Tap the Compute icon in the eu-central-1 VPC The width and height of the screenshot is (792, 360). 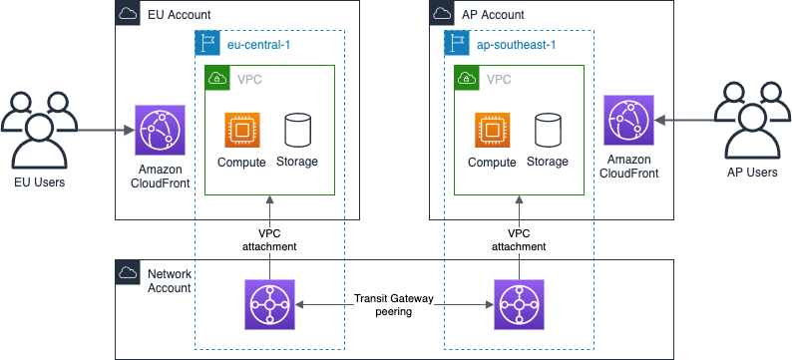point(240,131)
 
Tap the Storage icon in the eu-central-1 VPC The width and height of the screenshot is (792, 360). point(297,131)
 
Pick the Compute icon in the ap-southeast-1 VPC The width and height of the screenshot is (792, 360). point(491,131)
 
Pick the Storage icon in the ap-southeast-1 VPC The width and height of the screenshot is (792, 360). point(547,131)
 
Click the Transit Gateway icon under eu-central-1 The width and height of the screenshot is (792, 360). point(269,304)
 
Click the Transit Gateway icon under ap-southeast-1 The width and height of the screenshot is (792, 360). point(519,304)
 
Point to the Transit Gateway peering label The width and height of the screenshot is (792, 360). point(394,304)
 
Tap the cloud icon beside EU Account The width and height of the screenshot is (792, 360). point(129,14)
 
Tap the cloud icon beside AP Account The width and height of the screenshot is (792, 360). point(441,14)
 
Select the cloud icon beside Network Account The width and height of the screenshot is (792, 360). point(129,272)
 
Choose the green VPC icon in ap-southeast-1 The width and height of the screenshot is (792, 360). point(466,78)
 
